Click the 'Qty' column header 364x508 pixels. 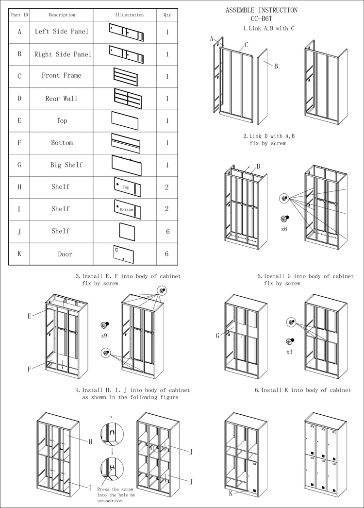click(167, 15)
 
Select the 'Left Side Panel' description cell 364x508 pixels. click(62, 32)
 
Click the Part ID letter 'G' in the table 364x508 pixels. click(19, 165)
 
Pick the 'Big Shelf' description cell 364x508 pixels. click(66, 165)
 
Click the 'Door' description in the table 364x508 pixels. click(65, 254)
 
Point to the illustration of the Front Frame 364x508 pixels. click(125, 76)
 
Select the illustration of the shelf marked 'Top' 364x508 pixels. click(127, 187)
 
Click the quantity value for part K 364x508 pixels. click(167, 254)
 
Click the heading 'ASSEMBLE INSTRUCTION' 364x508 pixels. click(262, 10)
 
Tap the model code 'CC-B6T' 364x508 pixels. click(262, 19)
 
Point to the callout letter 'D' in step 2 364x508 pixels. click(259, 167)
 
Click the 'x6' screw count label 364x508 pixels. click(284, 228)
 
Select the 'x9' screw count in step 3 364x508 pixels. click(104, 336)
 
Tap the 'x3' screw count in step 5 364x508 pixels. click(289, 352)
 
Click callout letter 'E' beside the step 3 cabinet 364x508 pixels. click(29, 316)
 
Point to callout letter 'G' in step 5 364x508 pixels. click(218, 336)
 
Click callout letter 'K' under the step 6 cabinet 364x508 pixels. click(231, 493)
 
